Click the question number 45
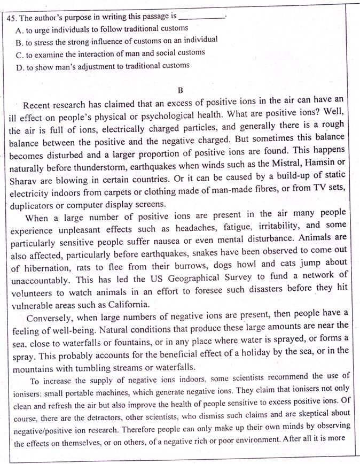[x=12, y=17]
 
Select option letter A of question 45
[x=20, y=28]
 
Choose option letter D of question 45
[x=20, y=66]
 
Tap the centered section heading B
[x=180, y=90]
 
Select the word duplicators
[x=32, y=205]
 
